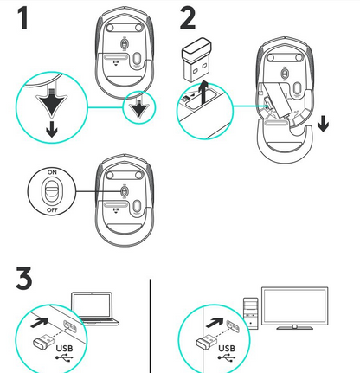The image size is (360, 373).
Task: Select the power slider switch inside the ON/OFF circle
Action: point(51,190)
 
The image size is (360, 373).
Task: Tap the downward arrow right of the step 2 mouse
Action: point(323,123)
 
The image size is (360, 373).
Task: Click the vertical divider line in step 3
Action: point(151,325)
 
